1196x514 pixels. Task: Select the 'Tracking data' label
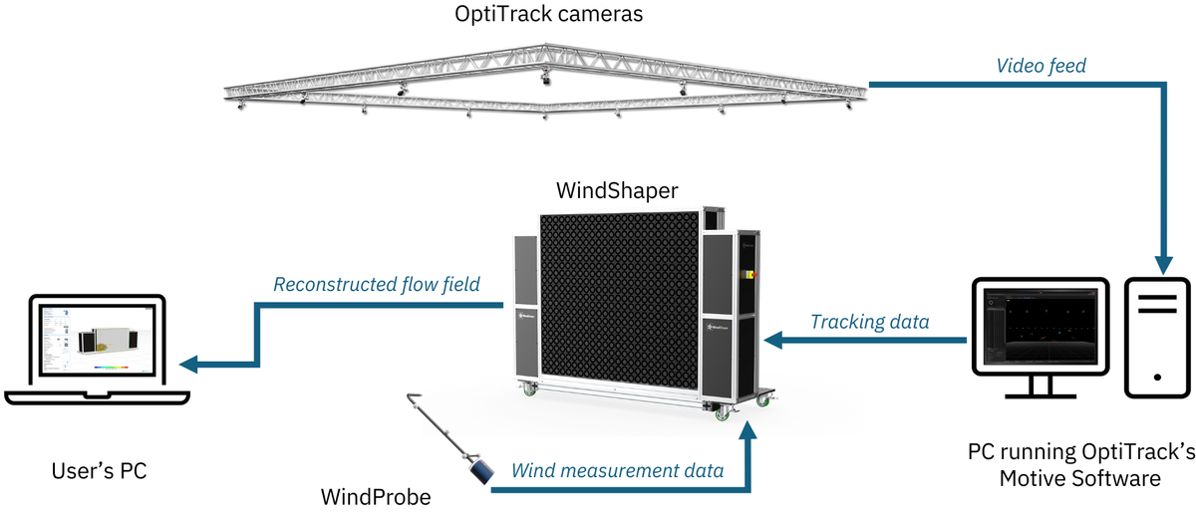coord(869,321)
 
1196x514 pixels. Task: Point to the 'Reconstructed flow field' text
coord(377,284)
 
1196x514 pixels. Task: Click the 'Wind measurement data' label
coord(617,469)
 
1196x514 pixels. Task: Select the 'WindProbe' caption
coord(376,495)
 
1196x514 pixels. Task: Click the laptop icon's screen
coord(97,343)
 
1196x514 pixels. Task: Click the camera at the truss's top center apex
coord(545,75)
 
